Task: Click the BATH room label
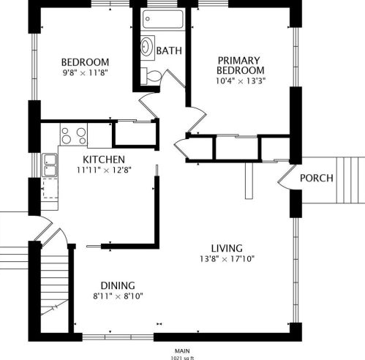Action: (x=169, y=50)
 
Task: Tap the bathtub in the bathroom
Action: (x=163, y=19)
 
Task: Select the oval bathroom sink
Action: (x=147, y=46)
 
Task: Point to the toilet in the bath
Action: (x=151, y=76)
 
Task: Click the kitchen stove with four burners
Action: (x=74, y=135)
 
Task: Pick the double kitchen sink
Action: (x=50, y=165)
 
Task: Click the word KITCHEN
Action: (x=104, y=160)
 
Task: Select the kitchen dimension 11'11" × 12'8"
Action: (x=104, y=170)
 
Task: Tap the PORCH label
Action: (x=317, y=178)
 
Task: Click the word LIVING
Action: (x=227, y=248)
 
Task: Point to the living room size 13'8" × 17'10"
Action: (x=227, y=258)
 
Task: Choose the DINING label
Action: (x=118, y=285)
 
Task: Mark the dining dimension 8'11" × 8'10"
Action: (x=118, y=296)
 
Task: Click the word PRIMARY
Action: (x=239, y=61)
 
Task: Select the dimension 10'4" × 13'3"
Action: (x=241, y=80)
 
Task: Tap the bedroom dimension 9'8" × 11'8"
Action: (x=86, y=72)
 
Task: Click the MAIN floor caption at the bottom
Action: (x=182, y=351)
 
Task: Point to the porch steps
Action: (x=350, y=180)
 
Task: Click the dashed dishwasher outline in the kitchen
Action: (x=50, y=188)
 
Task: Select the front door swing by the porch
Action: (x=285, y=178)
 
